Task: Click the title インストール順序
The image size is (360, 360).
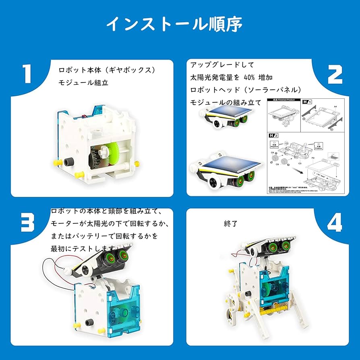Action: click(174, 24)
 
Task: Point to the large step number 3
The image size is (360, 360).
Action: click(28, 221)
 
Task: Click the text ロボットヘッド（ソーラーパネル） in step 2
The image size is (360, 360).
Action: click(246, 89)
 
